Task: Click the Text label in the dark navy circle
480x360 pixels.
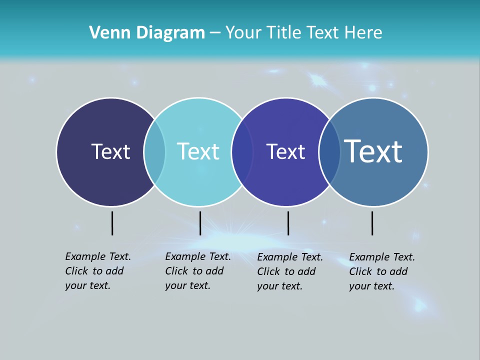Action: coord(110,151)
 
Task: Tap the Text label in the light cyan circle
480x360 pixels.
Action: coord(198,151)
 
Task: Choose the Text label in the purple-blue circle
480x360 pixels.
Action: coord(285,151)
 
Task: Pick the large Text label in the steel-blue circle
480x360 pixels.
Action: coord(373,151)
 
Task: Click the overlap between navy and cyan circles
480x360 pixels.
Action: coord(154,151)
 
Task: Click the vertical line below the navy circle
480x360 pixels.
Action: coord(112,223)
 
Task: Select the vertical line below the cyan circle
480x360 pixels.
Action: coord(200,223)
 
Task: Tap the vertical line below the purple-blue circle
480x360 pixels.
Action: coord(288,223)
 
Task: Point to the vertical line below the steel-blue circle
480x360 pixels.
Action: coord(372,223)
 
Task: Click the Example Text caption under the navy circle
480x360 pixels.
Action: coord(98,271)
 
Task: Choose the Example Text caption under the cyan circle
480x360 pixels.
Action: coord(198,271)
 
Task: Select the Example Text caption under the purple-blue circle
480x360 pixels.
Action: coord(290,271)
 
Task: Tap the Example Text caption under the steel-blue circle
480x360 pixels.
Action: coord(382,271)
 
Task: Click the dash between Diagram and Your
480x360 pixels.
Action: coord(215,33)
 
